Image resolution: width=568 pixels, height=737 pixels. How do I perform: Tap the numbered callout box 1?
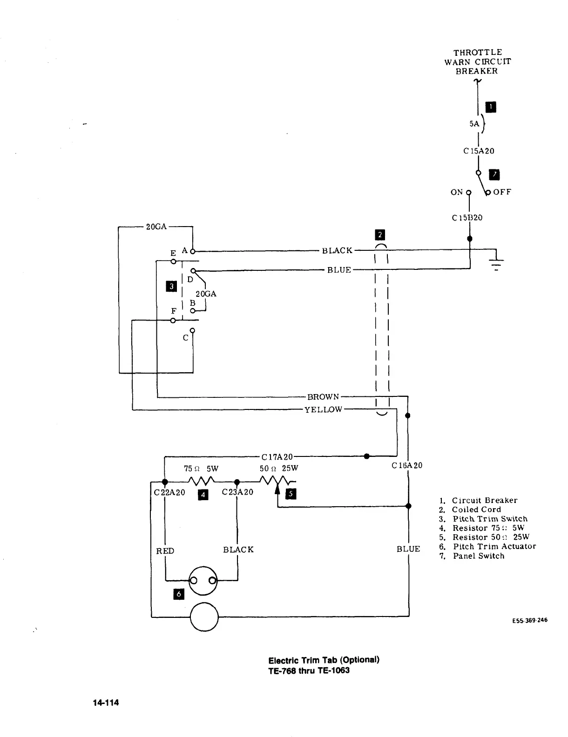(491, 107)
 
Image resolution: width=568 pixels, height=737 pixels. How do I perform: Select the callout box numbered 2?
(380, 235)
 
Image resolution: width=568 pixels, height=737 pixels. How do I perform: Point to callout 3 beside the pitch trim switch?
(172, 286)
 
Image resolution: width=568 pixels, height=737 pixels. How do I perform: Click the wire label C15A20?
(479, 151)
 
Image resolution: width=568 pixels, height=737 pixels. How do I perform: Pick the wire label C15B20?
(467, 218)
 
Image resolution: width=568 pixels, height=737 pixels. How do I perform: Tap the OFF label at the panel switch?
(502, 192)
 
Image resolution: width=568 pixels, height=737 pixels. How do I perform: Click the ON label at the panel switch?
(456, 192)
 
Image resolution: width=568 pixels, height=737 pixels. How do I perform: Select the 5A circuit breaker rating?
(474, 124)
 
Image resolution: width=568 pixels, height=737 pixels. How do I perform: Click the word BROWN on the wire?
(323, 397)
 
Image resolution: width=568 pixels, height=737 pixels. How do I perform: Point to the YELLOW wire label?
(323, 409)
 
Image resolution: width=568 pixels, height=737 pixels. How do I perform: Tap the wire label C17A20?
(277, 457)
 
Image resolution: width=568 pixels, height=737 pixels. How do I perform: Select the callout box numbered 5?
(291, 494)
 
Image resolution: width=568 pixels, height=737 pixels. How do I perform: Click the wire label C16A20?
(407, 465)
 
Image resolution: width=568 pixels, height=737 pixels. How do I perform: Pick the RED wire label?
(165, 551)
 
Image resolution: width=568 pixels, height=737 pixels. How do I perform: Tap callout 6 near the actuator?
(178, 594)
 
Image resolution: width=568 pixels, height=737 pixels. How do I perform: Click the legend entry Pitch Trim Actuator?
(494, 546)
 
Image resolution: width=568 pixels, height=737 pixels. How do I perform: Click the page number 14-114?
(106, 703)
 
